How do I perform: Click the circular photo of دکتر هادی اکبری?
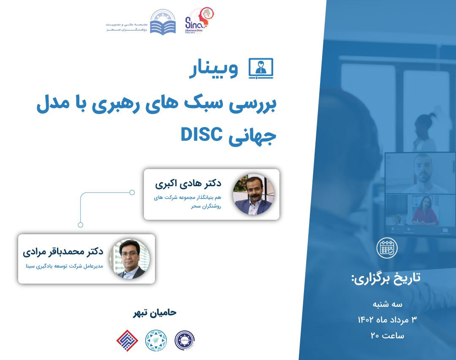click(x=253, y=194)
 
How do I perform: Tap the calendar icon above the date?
click(x=387, y=249)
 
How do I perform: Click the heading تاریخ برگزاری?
click(x=386, y=278)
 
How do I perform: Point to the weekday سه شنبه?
click(x=387, y=304)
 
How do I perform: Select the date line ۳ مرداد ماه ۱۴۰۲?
click(x=387, y=319)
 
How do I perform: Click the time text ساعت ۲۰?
click(x=387, y=336)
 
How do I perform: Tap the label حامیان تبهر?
click(x=154, y=313)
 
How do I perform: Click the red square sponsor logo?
click(x=127, y=339)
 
